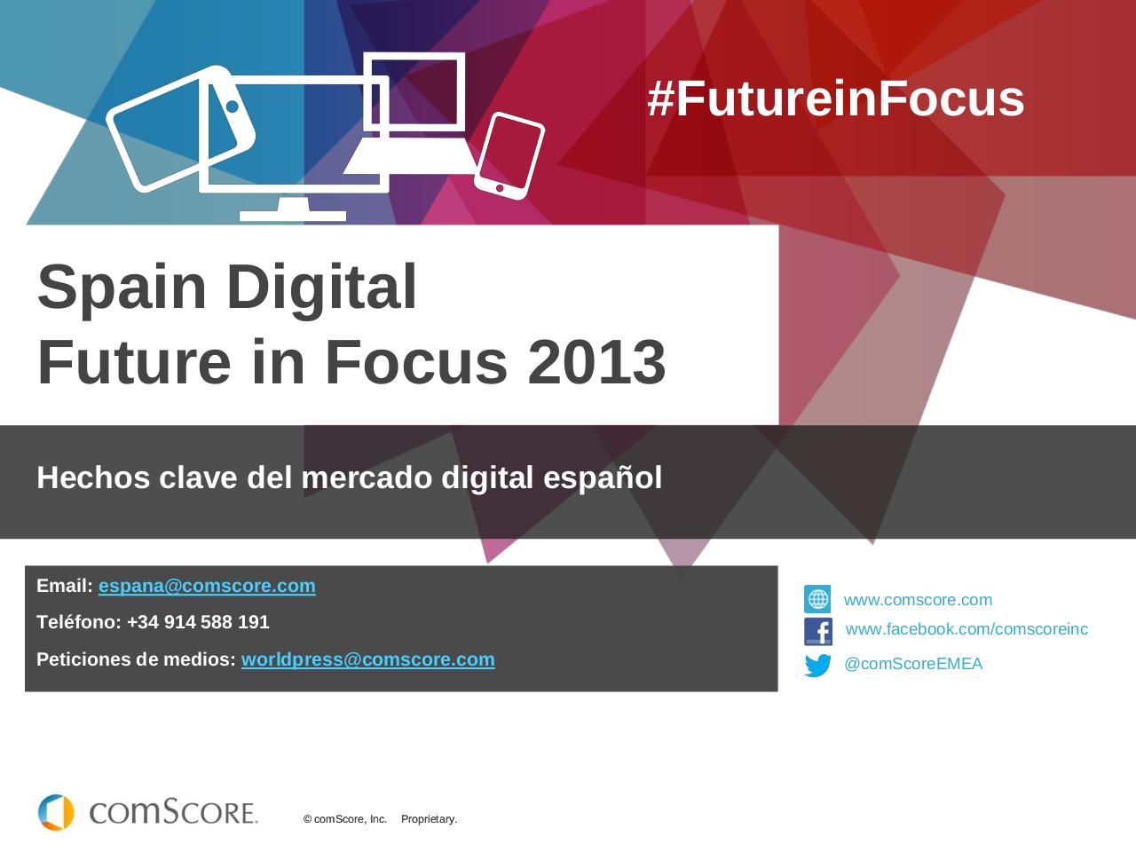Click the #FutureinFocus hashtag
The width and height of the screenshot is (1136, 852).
click(x=835, y=99)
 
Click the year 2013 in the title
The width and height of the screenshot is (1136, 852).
click(x=596, y=362)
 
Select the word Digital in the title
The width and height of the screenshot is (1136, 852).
click(x=321, y=287)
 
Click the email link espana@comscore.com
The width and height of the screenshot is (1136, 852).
click(x=207, y=586)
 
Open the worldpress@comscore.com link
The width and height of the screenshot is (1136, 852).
click(x=367, y=659)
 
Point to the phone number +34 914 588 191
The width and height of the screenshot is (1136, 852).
click(x=198, y=622)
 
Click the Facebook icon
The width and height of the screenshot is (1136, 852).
click(x=817, y=631)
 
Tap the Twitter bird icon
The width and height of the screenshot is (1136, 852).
click(x=817, y=665)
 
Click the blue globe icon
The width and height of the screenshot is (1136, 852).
click(x=817, y=599)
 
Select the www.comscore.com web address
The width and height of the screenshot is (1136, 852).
click(x=918, y=600)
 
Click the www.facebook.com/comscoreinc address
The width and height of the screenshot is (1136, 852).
click(x=966, y=629)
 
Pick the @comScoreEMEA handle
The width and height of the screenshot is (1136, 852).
click(x=913, y=664)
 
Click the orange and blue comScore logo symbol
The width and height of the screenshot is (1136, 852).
click(x=56, y=812)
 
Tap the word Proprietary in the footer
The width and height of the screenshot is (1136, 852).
click(x=429, y=819)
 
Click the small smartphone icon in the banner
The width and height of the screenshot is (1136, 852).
click(x=509, y=154)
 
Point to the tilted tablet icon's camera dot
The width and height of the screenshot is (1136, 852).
click(x=233, y=106)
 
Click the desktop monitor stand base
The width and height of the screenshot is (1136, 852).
click(x=293, y=215)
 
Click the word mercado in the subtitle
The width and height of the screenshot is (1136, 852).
click(x=367, y=477)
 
